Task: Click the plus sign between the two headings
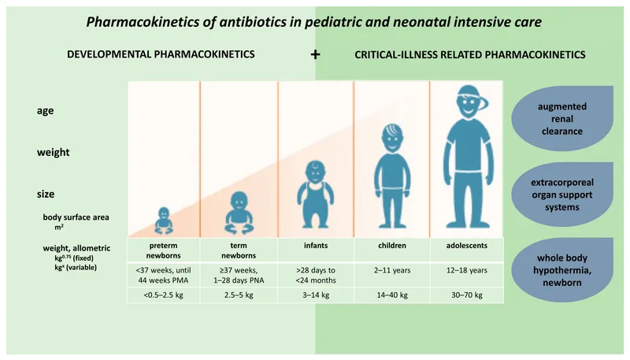pyautogui.click(x=316, y=55)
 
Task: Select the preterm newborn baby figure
pyautogui.click(x=164, y=221)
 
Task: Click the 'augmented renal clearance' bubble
pyautogui.click(x=562, y=118)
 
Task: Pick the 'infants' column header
pyautogui.click(x=316, y=246)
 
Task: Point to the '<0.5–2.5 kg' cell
pyautogui.click(x=163, y=295)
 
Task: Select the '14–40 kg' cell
pyautogui.click(x=392, y=295)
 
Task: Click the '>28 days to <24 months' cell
pyautogui.click(x=316, y=274)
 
